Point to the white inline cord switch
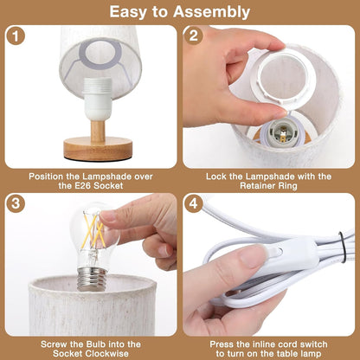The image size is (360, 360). (275, 254)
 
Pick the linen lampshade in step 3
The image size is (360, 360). (91, 307)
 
